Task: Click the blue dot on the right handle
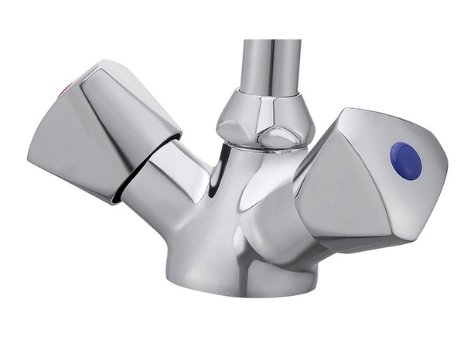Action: (406, 161)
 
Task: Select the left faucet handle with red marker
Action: (104, 131)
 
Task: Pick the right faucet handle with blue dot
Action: (371, 182)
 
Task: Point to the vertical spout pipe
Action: (270, 66)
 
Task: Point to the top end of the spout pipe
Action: (271, 42)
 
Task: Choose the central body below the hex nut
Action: (232, 209)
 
